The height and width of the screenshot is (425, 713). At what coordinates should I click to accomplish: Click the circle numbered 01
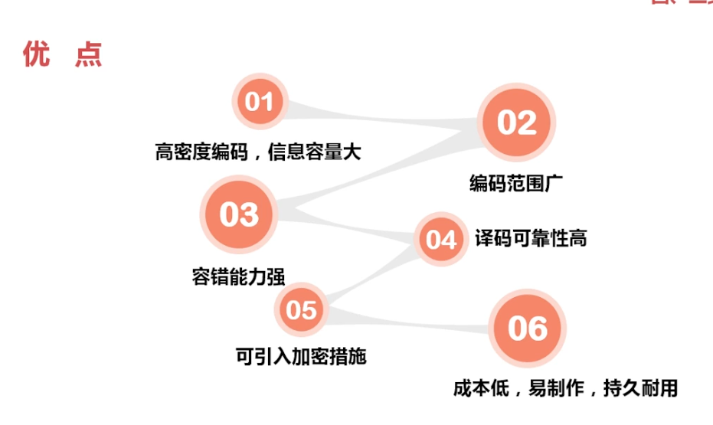click(x=259, y=102)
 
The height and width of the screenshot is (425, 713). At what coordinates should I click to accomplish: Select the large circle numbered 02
click(x=516, y=123)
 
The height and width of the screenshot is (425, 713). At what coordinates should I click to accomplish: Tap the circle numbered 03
click(x=239, y=214)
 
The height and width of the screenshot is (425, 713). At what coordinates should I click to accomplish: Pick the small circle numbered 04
click(x=440, y=240)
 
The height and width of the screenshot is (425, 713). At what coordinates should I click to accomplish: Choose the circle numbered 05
click(x=301, y=309)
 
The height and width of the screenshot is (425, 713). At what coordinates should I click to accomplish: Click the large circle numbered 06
click(x=527, y=329)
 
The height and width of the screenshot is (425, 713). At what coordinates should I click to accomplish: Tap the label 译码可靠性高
click(x=530, y=237)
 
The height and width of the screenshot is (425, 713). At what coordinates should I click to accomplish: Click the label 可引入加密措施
click(x=301, y=355)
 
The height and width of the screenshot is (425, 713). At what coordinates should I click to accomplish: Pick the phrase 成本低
click(x=480, y=387)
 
